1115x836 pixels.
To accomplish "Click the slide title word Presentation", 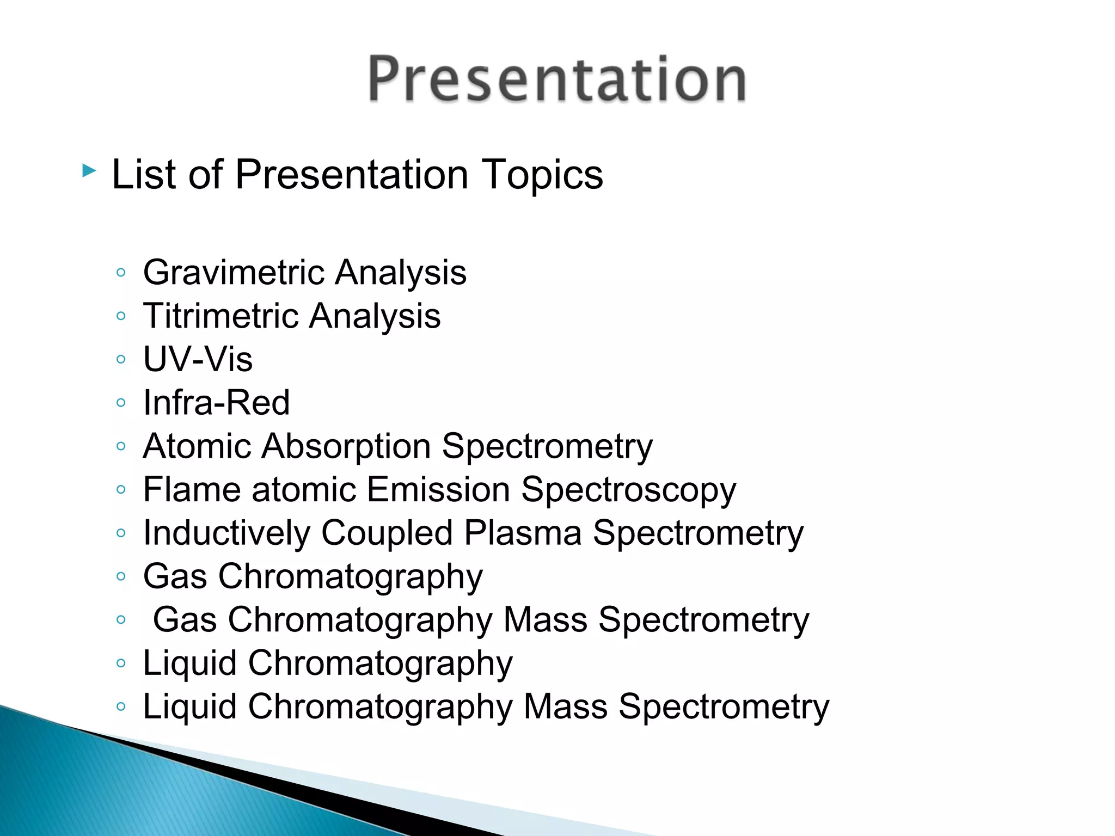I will (x=556, y=80).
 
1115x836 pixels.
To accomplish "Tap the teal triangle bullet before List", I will (x=89, y=171).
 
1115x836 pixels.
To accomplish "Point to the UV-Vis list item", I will (x=198, y=359).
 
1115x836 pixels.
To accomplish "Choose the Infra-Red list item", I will (x=216, y=403).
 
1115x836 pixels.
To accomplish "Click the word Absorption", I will (x=346, y=446).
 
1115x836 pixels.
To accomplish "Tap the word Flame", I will (x=192, y=489).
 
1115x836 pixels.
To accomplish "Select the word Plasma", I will (x=523, y=533).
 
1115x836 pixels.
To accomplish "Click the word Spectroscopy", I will (x=628, y=490).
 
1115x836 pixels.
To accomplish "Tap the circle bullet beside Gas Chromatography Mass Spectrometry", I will (x=121, y=619).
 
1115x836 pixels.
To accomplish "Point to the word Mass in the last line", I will (x=565, y=706).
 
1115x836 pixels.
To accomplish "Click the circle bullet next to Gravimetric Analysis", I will (x=121, y=272).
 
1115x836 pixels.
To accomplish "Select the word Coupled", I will (x=387, y=533).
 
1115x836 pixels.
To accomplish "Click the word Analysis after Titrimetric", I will (x=375, y=317).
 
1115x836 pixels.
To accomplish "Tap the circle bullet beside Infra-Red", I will (x=121, y=403).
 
